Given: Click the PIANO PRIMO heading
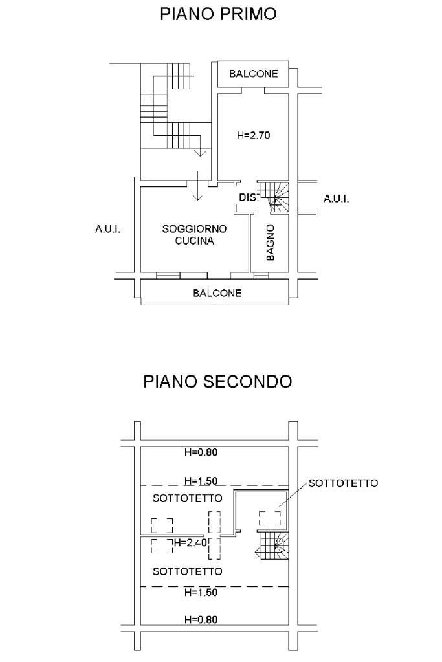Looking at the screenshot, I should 218,14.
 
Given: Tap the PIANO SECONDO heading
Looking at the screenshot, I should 217,381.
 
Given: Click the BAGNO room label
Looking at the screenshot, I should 271,242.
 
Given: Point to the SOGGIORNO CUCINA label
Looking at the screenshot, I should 194,235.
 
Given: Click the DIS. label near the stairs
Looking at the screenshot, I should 249,198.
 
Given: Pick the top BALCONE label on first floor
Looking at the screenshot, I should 254,74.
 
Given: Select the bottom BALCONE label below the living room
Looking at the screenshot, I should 217,293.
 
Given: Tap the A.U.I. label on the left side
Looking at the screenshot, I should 108,228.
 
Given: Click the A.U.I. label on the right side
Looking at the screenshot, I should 337,199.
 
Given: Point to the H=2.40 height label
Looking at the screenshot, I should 190,542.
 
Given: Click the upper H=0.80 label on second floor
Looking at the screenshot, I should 201,452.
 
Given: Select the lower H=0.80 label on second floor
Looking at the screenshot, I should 201,619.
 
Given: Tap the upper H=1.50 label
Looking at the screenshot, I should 201,481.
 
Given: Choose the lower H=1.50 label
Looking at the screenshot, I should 201,591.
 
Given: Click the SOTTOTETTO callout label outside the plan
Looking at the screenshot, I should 343,483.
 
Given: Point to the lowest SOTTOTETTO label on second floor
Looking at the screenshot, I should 188,571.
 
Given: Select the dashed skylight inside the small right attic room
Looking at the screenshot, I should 270,518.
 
